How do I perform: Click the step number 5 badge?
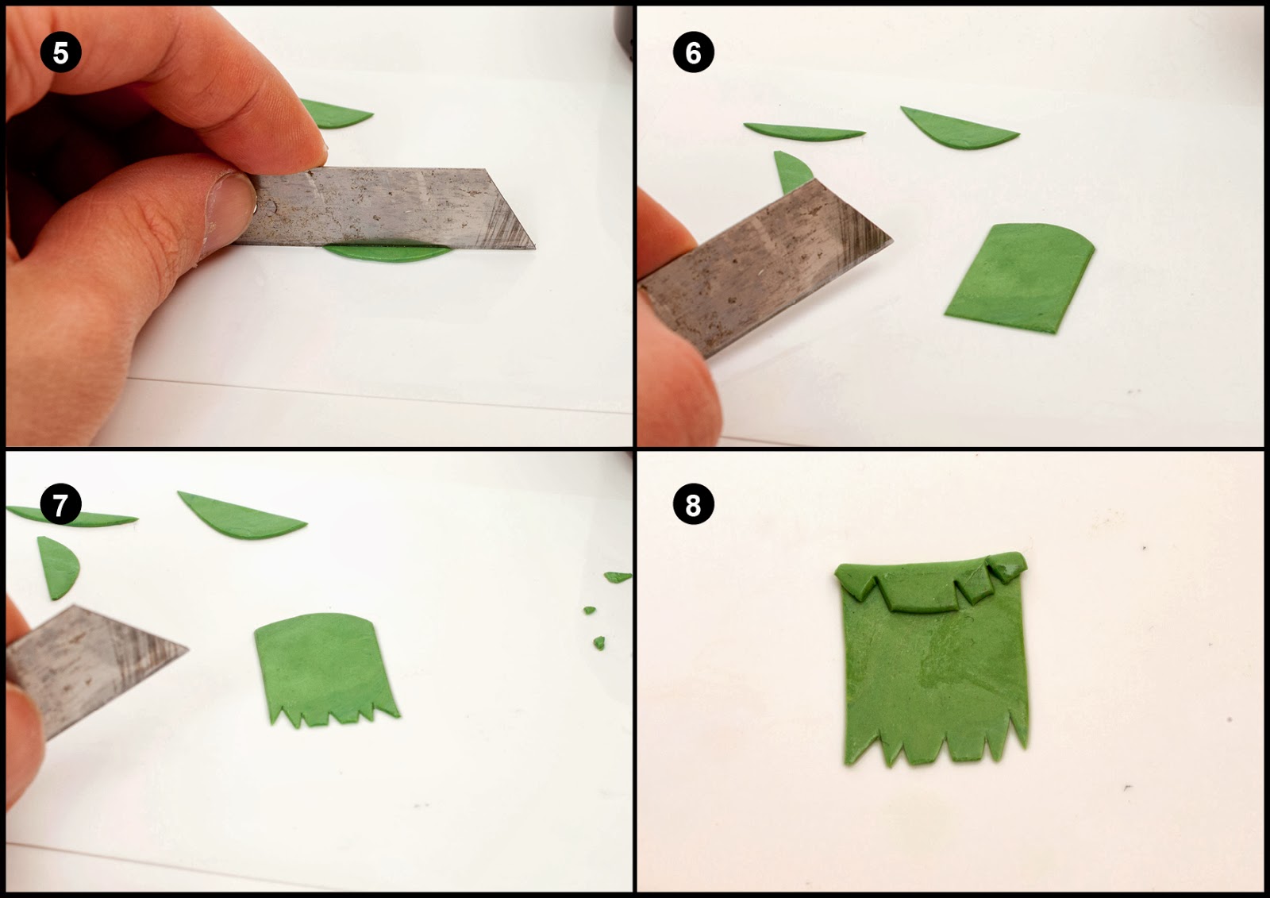coord(60,53)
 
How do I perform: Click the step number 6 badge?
coord(693,53)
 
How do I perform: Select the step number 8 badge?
coord(693,504)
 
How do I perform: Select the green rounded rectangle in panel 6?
coord(1020,278)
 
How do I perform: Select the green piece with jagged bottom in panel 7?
coord(325,667)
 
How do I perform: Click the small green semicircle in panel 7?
coord(58,565)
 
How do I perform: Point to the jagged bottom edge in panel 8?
coord(937,750)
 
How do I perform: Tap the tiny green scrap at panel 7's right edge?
coord(618,577)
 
